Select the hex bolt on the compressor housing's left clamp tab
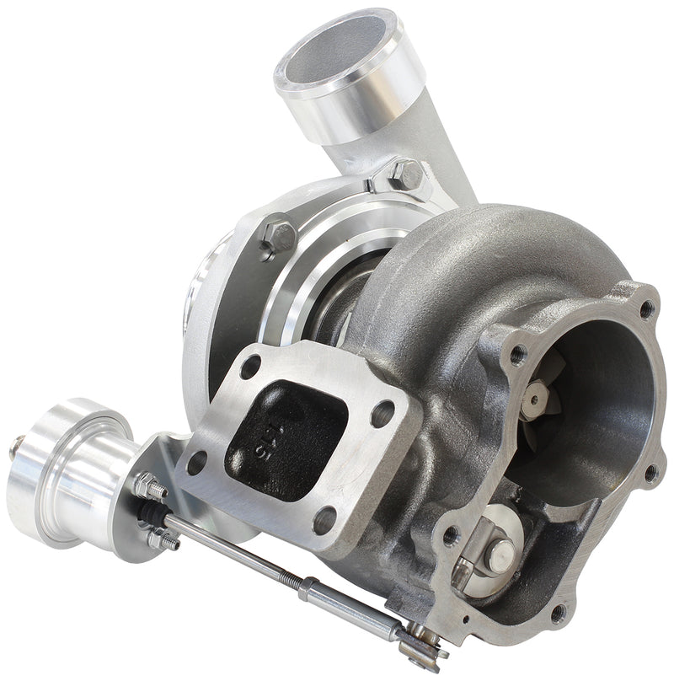click(279, 235)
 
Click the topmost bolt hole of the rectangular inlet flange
click(250, 368)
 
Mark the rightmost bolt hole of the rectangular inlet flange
click(383, 413)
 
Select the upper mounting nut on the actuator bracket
click(147, 485)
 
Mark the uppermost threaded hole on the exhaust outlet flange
click(646, 309)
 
